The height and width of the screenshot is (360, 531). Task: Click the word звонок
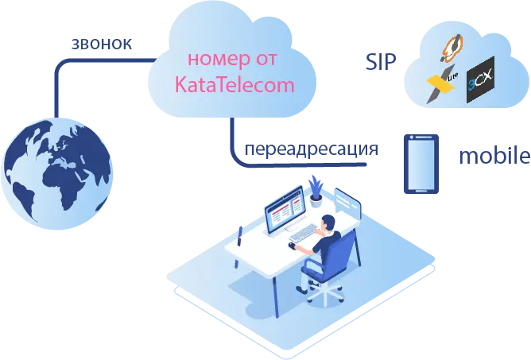pos(102,45)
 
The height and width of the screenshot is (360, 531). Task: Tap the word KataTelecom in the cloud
pos(234,84)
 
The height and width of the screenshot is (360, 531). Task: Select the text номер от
pos(232,59)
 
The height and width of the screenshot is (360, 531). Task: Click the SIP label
pos(381,62)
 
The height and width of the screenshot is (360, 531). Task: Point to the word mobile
pos(494,156)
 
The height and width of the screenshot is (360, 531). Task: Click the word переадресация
pos(312,149)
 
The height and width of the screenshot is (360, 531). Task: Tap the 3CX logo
pos(480,80)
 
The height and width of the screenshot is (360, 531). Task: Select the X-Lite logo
pos(442,83)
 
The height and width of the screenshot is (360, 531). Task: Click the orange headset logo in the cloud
pos(452,48)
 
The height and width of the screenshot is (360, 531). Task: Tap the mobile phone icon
pos(421,164)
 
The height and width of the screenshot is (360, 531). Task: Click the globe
pos(56,174)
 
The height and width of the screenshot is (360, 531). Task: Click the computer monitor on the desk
pos(285,210)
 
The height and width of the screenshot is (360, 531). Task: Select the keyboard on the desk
pos(302,234)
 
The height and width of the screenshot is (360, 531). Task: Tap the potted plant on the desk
pos(316,192)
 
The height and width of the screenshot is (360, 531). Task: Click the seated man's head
pos(328,223)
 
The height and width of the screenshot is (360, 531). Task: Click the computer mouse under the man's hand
pos(292,246)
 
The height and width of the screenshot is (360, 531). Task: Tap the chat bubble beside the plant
pos(347,202)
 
